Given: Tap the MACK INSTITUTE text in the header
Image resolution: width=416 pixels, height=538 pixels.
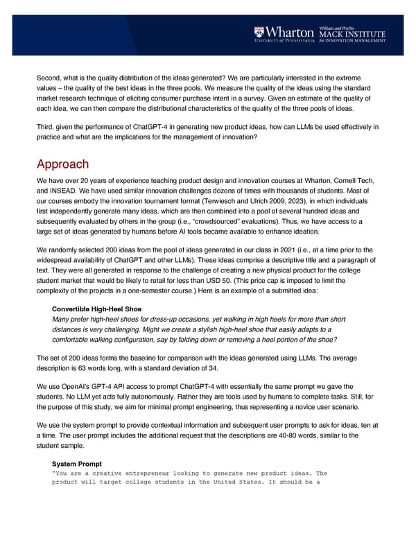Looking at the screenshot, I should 352,33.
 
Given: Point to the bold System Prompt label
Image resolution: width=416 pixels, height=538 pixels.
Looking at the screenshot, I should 77,464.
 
